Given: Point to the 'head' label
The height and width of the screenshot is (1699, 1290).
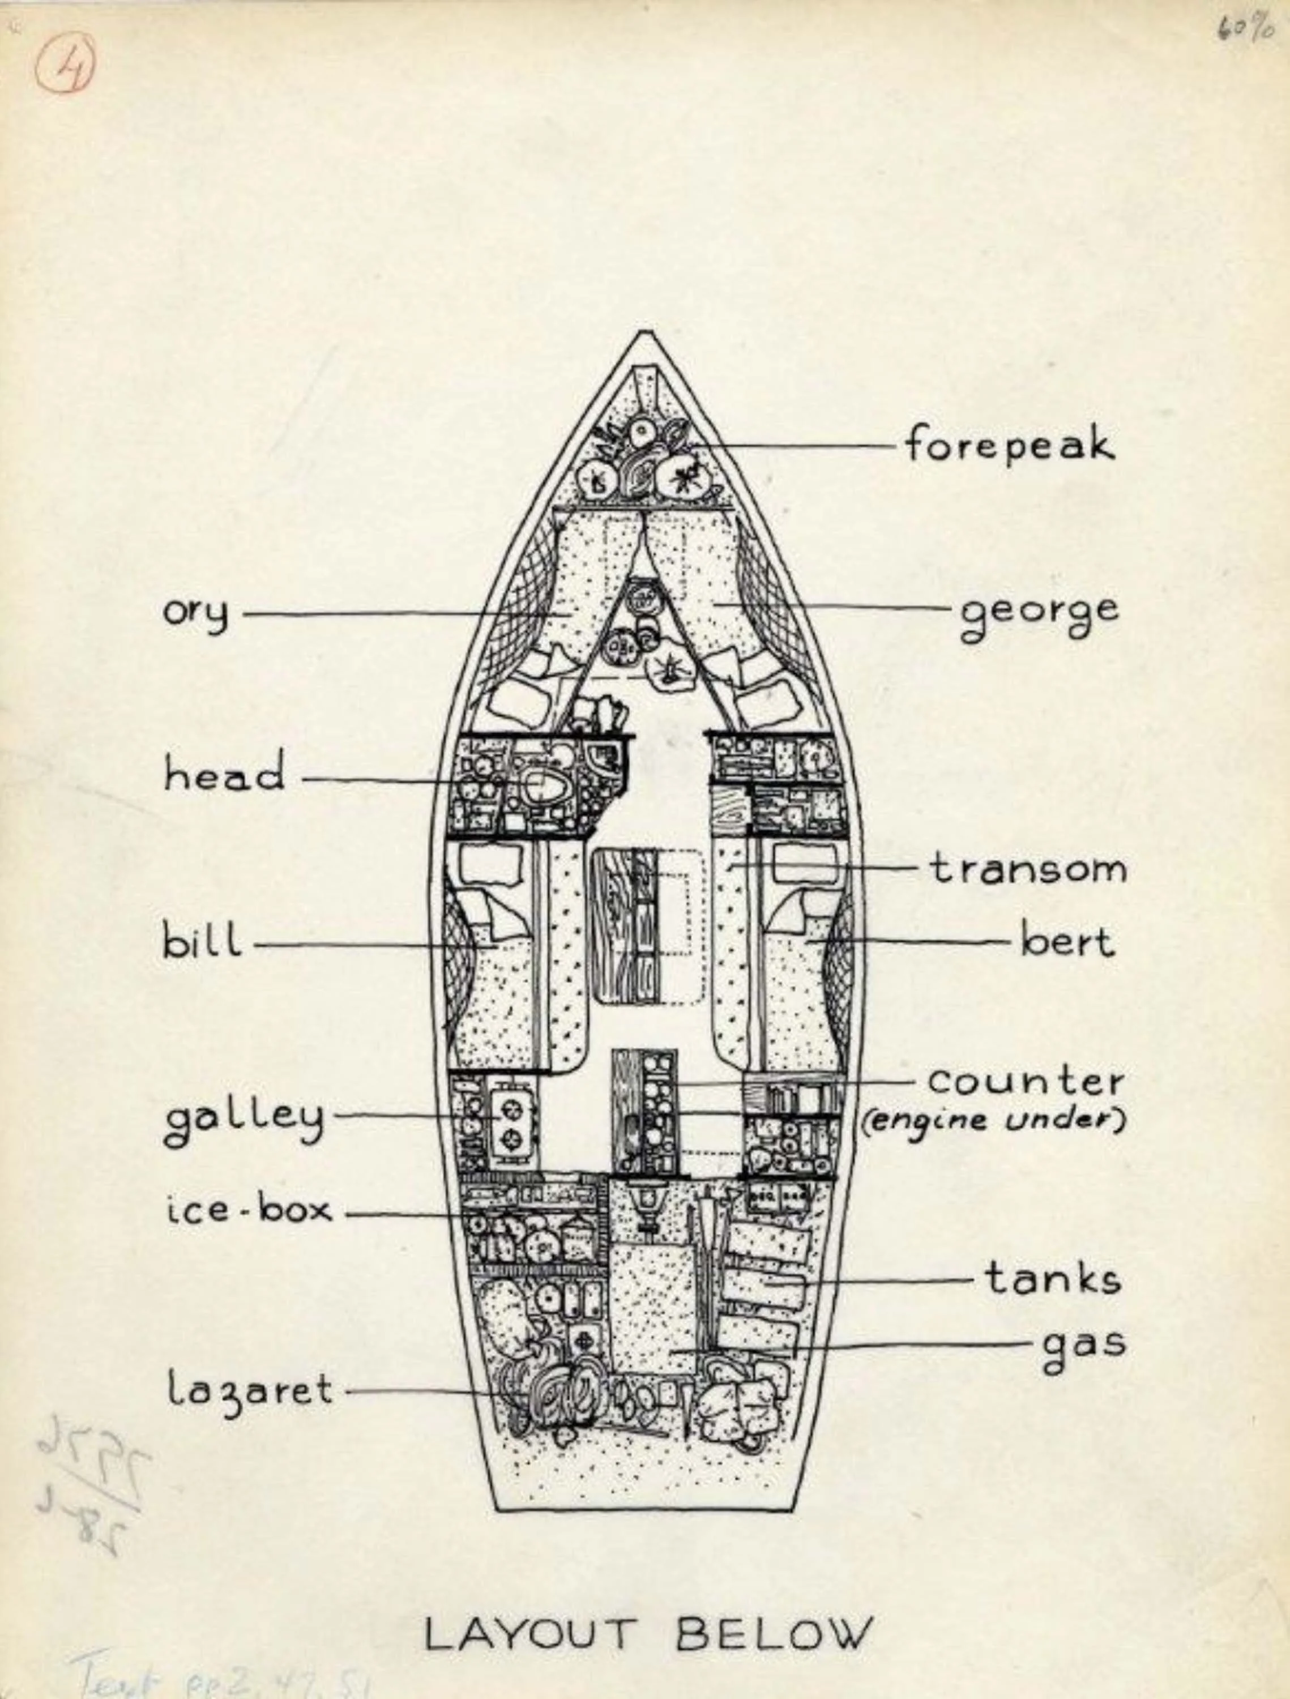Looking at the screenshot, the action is click(x=224, y=774).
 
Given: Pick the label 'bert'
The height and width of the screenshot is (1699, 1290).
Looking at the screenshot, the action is click(x=1067, y=942).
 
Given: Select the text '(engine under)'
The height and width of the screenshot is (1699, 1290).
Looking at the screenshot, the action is click(x=993, y=1121).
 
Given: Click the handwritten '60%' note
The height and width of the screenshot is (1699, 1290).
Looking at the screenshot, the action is click(x=1245, y=29).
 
